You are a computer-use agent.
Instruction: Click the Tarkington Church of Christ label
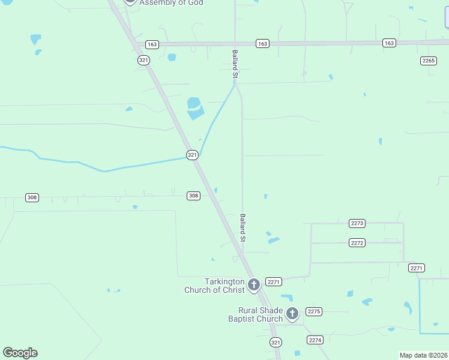pos(214,286)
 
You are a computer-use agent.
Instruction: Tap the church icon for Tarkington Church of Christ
pos(254,284)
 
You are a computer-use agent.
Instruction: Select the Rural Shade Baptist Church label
pos(260,314)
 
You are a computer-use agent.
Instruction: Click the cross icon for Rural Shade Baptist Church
pos(292,313)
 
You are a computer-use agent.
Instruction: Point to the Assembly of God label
pos(171,2)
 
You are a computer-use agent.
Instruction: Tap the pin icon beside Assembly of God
pos(130,2)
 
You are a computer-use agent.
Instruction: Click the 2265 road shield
pos(428,61)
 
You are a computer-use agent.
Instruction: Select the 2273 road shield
pos(357,223)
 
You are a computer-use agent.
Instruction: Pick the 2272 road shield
pos(357,243)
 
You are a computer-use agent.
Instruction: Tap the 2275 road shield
pos(314,311)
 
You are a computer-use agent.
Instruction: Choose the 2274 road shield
pos(316,340)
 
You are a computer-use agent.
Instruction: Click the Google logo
pos(20,353)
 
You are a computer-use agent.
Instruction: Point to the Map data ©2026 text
pos(423,355)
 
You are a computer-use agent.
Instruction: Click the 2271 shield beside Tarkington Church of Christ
pos(274,281)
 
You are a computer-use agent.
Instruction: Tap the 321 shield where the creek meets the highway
pos(192,155)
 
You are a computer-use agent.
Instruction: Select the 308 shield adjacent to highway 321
pos(193,196)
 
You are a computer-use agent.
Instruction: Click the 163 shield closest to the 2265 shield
pos(390,43)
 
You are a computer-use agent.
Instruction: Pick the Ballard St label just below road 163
pos(236,65)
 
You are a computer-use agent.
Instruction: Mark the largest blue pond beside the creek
pos(195,107)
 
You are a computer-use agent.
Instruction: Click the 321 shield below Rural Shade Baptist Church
pos(276,342)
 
